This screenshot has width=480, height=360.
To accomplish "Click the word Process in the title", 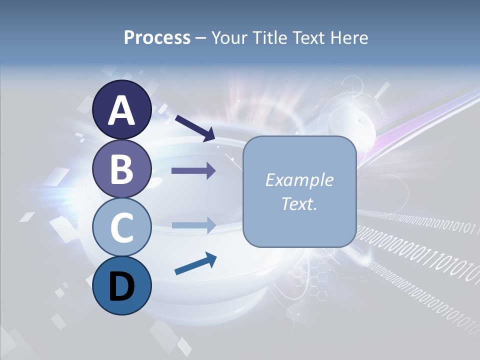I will [157, 37].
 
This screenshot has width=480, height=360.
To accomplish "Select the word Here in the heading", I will [348, 37].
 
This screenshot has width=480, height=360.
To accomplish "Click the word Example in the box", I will [299, 180].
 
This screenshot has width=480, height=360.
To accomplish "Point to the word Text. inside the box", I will [299, 204].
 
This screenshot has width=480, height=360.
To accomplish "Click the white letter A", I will [121, 110].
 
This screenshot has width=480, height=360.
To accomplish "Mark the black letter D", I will [121, 286].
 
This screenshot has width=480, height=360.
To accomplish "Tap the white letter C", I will [121, 227].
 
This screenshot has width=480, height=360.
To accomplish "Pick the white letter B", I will [121, 169].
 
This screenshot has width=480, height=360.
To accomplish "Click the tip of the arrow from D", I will [215, 257].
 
